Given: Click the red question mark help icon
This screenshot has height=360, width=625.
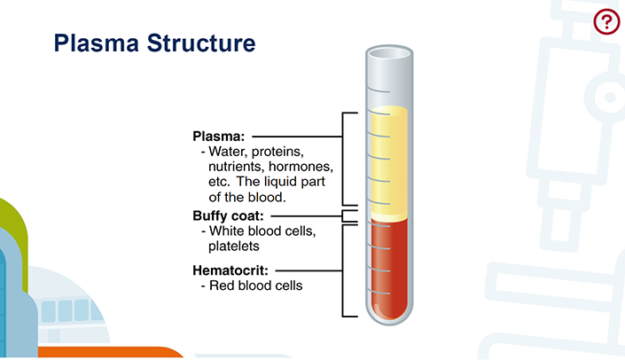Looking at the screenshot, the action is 606,21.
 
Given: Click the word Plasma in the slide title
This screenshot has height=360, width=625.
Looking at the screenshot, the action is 96,43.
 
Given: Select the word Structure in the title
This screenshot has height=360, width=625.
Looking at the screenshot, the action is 201,43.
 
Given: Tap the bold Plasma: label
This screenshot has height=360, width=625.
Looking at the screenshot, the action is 218,137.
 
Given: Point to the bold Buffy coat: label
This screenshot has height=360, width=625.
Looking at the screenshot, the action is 228,215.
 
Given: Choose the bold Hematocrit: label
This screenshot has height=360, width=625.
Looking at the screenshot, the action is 230,270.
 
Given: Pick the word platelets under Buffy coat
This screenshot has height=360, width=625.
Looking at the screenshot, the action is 233,247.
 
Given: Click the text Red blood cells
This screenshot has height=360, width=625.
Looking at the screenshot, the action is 256,286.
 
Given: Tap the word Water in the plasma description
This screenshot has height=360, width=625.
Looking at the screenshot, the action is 226,152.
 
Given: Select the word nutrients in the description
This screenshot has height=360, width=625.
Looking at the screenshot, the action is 237,166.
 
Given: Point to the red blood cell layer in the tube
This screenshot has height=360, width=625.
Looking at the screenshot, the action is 389,267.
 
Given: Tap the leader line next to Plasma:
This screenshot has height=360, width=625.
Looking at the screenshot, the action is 297,137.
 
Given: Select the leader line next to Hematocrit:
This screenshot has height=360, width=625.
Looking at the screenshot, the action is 309,270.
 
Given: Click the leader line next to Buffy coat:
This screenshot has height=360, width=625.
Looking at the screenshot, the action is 307,216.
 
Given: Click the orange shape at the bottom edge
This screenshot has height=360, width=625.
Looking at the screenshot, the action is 111,352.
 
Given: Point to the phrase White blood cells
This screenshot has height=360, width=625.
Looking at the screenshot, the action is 262,231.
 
